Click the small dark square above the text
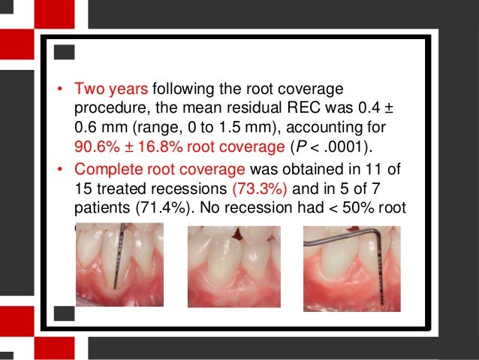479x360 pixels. point(65,52)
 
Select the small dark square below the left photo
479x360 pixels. point(65,311)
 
